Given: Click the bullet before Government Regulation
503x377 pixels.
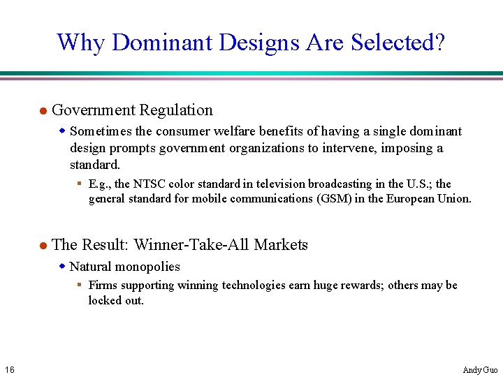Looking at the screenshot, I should tap(42, 111).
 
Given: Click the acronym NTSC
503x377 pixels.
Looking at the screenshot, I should tap(150, 184).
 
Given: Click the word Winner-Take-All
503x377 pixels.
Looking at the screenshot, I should tap(191, 245).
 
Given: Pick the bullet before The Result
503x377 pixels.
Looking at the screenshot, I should tap(42, 246).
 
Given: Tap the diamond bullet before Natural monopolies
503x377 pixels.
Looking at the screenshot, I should tap(62, 266).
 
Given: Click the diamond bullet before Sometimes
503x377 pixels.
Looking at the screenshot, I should tap(62, 131).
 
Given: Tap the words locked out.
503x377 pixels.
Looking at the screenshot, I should tap(116, 300).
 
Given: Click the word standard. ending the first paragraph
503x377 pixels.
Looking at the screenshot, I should tap(95, 165).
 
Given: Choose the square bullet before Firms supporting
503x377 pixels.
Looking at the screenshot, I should tap(80, 284).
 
